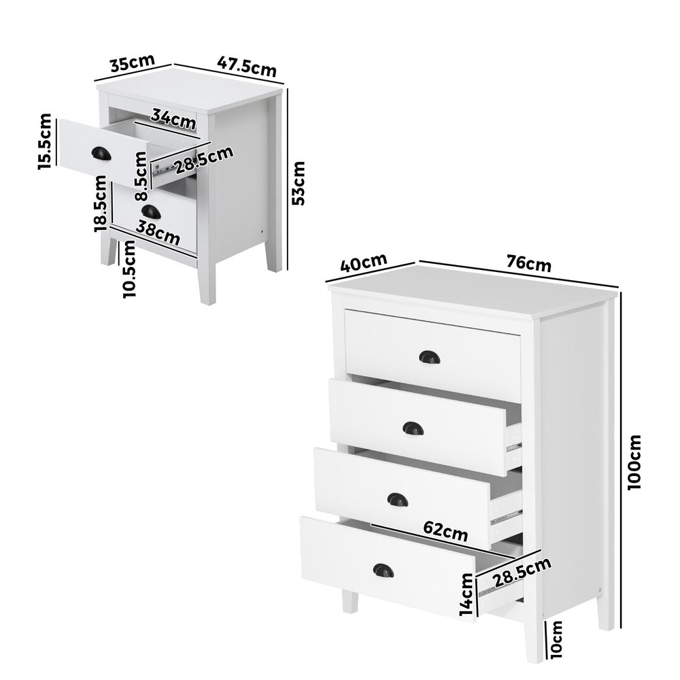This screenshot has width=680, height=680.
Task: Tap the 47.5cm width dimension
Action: (x=246, y=67)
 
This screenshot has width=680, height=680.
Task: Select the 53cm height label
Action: (x=299, y=182)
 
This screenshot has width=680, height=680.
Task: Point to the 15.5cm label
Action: (x=44, y=141)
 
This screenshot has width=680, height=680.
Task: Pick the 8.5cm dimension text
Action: (x=141, y=176)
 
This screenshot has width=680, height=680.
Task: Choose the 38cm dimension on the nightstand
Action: (x=158, y=233)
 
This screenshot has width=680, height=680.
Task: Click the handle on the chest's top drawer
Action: (x=429, y=357)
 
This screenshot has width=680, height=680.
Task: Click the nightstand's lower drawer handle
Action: (x=150, y=213)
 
